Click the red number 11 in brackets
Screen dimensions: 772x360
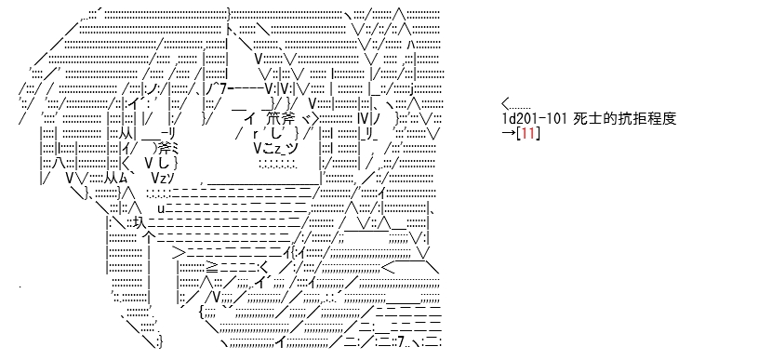tap(527, 133)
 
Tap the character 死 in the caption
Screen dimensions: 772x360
tap(579, 119)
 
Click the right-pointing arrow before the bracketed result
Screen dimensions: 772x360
tap(509, 133)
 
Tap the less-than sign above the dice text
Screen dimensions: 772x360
tap(506, 104)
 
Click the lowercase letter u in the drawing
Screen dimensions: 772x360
tap(161, 207)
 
